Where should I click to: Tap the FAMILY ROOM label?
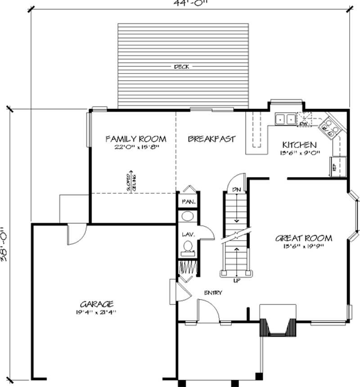click(135, 139)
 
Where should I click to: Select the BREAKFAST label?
click(211, 139)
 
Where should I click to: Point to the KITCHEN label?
click(299, 145)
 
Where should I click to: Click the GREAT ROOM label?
click(304, 238)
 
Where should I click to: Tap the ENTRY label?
click(213, 293)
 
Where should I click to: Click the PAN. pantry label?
click(188, 202)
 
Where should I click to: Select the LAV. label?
click(188, 235)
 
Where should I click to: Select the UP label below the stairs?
click(236, 281)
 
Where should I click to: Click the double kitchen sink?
click(286, 119)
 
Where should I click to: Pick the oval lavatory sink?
click(187, 216)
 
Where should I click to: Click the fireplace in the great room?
click(278, 321)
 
